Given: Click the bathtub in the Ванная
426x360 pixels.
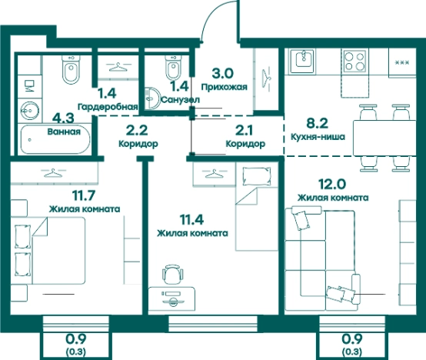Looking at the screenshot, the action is (x=55, y=139).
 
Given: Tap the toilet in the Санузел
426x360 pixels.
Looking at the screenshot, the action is (x=172, y=67).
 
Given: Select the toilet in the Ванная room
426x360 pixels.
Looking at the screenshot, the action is (x=72, y=68).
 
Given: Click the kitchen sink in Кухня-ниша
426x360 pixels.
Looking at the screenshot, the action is (x=302, y=61).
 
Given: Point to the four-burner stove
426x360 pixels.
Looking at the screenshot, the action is (x=354, y=61).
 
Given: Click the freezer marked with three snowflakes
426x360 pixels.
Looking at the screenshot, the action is (x=402, y=62).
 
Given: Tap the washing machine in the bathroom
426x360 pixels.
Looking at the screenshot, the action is (x=29, y=85).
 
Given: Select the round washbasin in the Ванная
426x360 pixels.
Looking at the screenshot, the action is (x=30, y=111).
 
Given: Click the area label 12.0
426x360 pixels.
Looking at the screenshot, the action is (x=332, y=184).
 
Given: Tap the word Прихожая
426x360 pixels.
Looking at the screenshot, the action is (x=224, y=87).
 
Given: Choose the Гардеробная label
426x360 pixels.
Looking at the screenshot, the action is (x=108, y=107).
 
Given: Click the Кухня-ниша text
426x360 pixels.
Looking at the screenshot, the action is (x=318, y=136).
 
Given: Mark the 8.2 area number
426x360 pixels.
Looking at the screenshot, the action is (x=318, y=123).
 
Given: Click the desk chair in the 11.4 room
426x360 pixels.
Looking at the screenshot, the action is (x=172, y=275).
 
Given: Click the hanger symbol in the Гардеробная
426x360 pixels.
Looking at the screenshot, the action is (x=118, y=67).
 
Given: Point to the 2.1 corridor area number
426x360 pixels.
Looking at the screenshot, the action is (x=244, y=131).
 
